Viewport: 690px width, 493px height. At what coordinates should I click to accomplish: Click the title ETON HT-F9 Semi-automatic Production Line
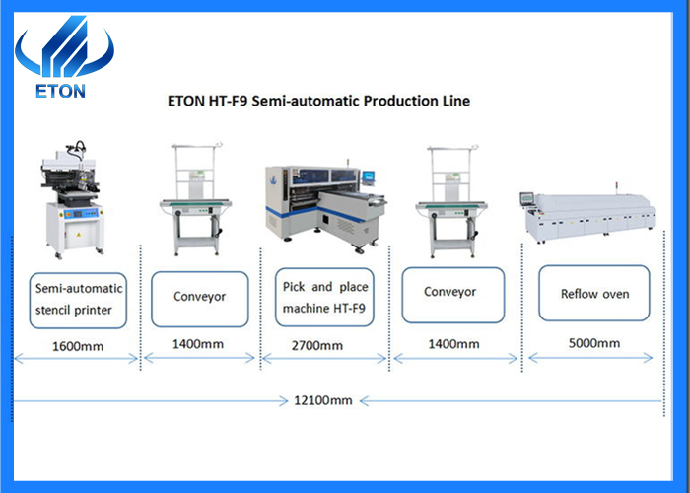tap(314, 101)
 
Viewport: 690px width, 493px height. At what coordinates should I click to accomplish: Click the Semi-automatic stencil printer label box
tap(79, 300)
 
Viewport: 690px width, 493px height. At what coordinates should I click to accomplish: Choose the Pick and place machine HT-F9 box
tap(323, 298)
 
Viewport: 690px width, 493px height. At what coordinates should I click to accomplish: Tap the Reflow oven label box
tap(594, 294)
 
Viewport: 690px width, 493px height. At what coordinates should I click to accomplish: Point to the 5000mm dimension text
tap(596, 344)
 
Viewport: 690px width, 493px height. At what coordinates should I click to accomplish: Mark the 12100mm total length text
tap(322, 400)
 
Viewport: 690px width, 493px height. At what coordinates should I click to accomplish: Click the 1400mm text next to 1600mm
tap(199, 344)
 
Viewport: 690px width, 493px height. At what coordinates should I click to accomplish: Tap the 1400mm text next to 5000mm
tap(451, 344)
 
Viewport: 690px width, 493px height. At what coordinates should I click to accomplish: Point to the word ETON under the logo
tap(61, 92)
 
